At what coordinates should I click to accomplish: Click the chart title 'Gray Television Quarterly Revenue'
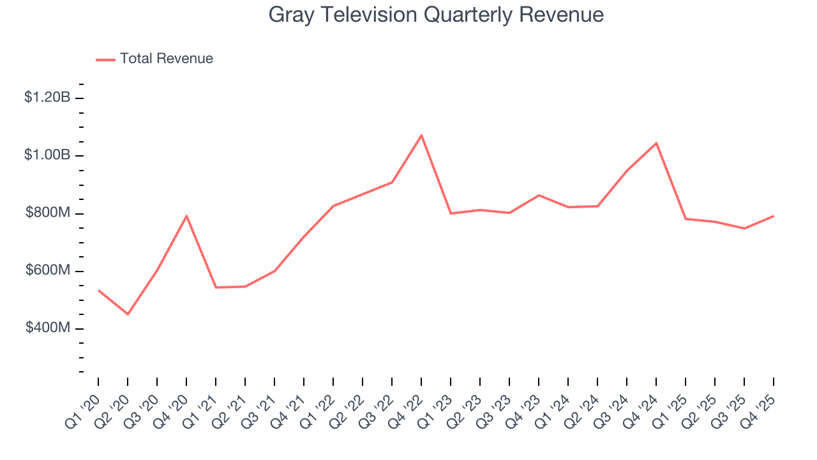pos(436,15)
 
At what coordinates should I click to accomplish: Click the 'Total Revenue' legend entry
pos(166,59)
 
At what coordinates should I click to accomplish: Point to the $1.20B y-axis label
pos(47,98)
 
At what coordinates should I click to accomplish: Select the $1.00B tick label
pos(47,155)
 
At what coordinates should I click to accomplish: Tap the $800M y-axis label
pos(48,213)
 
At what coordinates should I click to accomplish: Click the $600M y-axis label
pos(48,271)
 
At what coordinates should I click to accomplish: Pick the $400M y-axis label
pos(48,328)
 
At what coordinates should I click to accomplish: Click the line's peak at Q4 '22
pos(421,135)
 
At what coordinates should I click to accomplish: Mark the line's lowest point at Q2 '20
pos(128,314)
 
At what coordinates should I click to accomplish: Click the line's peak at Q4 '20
pos(186,216)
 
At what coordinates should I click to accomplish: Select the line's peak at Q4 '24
pos(656,143)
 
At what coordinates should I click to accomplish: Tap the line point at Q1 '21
pos(216,287)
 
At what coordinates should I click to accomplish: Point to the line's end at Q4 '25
pos(774,216)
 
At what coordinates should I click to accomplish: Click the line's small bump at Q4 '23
pos(539,195)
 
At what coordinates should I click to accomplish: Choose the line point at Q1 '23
pos(451,213)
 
